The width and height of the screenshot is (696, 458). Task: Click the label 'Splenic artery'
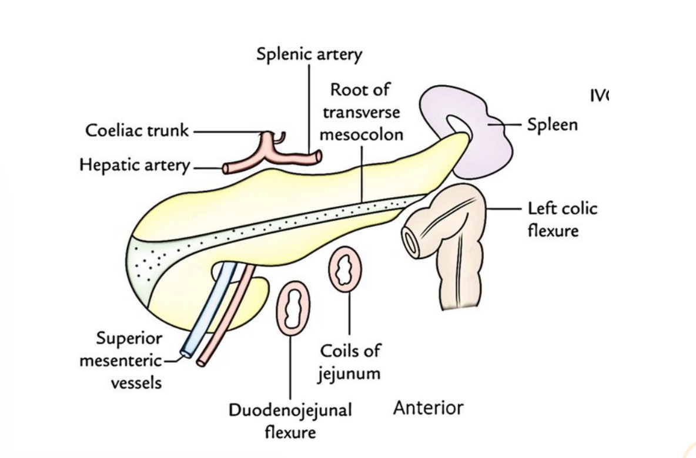tap(309, 55)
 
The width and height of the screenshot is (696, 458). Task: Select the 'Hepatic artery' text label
tap(135, 166)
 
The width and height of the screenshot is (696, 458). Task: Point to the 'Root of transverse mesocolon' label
tap(360, 112)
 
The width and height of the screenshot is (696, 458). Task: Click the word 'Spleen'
tap(552, 124)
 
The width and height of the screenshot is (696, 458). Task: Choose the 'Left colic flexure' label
tap(561, 219)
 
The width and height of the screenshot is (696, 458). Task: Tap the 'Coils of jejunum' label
tap(350, 362)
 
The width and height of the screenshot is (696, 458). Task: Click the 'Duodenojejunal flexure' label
tap(290, 420)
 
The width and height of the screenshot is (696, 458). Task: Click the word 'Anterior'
tap(428, 408)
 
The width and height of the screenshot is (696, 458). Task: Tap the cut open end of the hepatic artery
tap(226, 169)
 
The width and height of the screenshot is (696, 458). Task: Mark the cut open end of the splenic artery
tap(318, 156)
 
